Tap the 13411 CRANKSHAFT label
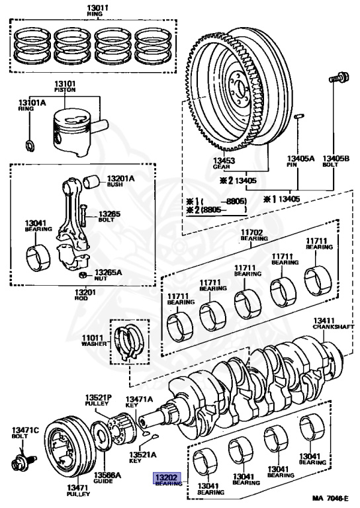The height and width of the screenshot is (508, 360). point(334,323)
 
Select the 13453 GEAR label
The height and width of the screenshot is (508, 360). point(224,163)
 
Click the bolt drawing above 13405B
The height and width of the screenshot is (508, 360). point(339,77)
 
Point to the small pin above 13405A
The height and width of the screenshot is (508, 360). point(298,116)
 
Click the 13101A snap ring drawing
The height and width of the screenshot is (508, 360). point(30,146)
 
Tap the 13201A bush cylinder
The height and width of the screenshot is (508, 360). point(92,181)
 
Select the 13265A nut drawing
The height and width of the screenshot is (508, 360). point(83,275)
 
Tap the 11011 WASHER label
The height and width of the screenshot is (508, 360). point(94,340)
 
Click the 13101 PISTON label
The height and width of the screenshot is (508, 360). point(65,86)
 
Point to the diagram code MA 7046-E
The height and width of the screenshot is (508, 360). point(330,498)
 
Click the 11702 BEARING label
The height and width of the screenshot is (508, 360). point(254,235)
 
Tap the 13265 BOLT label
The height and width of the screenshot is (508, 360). point(109,216)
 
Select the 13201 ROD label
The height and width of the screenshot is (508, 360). point(85,294)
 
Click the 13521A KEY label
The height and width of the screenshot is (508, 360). point(142,457)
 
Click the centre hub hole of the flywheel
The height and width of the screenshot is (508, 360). point(240,88)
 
